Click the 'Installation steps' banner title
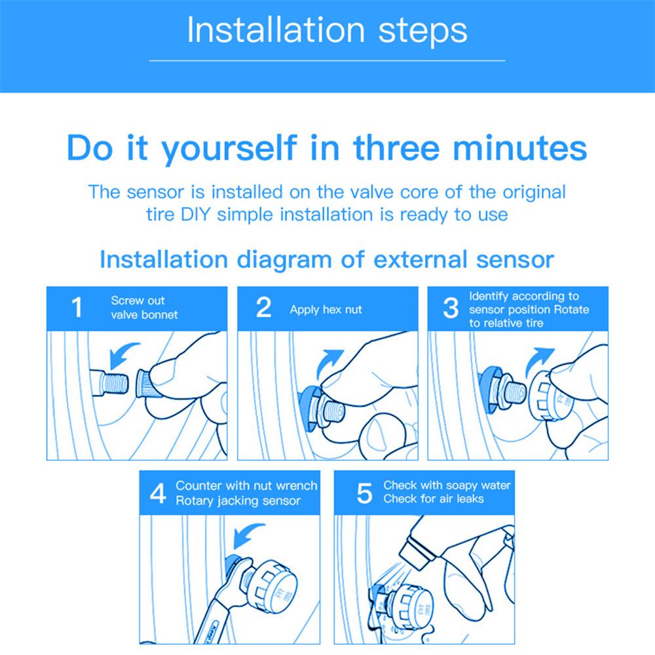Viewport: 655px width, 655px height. pyautogui.click(x=327, y=30)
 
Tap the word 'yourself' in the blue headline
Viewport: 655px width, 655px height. pyautogui.click(x=229, y=149)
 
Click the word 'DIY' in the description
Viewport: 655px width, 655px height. pyautogui.click(x=195, y=215)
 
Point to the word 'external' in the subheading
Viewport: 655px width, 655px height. pyautogui.click(x=420, y=259)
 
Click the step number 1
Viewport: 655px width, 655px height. pyautogui.click(x=77, y=307)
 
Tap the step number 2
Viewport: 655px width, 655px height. pyautogui.click(x=263, y=307)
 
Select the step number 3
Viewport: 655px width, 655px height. pyautogui.click(x=451, y=308)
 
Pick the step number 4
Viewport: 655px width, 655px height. pyautogui.click(x=158, y=493)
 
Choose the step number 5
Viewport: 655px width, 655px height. pyautogui.click(x=364, y=493)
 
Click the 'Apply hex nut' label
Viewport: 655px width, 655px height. pyautogui.click(x=326, y=310)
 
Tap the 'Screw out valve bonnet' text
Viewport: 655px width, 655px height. pyautogui.click(x=144, y=307)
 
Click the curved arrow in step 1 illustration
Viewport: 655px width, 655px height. pyautogui.click(x=121, y=354)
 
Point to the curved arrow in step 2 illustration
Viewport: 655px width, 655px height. pyautogui.click(x=329, y=362)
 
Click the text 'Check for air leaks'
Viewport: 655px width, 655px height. pyautogui.click(x=433, y=498)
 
